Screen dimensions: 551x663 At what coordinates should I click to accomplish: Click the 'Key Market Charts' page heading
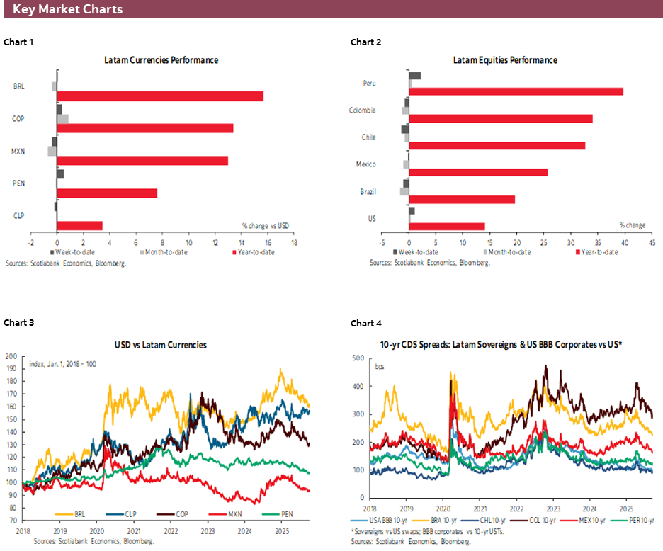pos(67,9)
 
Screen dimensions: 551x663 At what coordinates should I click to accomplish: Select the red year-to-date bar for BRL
pos(160,96)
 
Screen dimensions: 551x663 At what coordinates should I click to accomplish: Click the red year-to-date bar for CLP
pos(80,225)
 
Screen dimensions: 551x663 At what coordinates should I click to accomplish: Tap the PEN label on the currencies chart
pos(19,183)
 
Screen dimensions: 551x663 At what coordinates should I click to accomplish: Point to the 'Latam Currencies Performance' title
pos(161,60)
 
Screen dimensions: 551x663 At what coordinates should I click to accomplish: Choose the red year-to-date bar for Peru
pos(516,91)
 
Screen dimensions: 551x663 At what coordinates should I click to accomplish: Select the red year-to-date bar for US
pos(447,227)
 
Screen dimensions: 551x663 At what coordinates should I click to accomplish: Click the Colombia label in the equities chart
pos(362,110)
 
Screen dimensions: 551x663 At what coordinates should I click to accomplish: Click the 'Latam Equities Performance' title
pos(505,60)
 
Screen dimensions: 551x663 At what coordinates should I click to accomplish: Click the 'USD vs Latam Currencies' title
pos(161,345)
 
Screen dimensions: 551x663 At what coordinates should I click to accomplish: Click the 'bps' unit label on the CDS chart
pos(380,366)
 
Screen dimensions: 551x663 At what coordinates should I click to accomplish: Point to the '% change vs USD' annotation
pos(266,225)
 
